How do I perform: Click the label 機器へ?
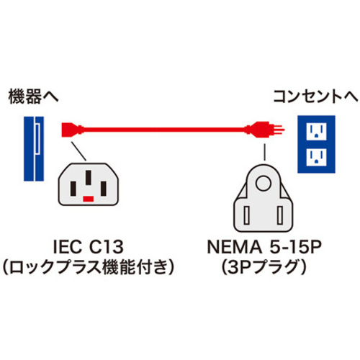pos(33,96)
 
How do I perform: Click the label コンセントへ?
pos(315,96)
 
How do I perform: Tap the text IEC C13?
pos(89,247)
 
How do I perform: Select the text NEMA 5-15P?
pos(264,247)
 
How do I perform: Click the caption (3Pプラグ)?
pos(264,268)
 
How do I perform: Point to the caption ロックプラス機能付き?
pos(89,268)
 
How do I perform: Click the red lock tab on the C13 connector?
pos(89,199)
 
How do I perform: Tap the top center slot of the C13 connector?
pos(89,177)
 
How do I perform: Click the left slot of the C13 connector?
pos(73,189)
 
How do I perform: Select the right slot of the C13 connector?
pos(104,189)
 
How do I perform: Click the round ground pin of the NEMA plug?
pos(264,184)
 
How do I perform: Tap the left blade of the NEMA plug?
pos(246,215)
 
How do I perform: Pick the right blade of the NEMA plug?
pos(280,215)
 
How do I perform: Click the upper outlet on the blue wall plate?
pos(317,132)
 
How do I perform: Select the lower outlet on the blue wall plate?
pos(317,157)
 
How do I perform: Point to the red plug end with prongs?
pos(264,130)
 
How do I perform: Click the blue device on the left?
pos(34,148)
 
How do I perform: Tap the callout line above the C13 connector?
pos(78,151)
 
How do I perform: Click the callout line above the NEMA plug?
pos(264,152)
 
